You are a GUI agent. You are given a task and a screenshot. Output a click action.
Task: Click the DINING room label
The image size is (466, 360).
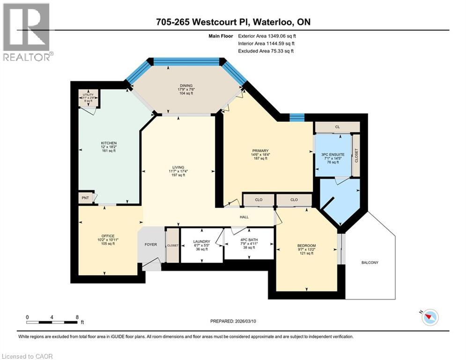coord(186,86)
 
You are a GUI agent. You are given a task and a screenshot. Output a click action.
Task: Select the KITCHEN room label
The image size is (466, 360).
coord(109,143)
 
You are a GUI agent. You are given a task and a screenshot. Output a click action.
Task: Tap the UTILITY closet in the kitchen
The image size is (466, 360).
coord(88,97)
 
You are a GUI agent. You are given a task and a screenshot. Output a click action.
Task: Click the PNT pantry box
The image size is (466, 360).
coord(86,198)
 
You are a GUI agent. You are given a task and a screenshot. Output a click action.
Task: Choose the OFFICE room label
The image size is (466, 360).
coord(108,236)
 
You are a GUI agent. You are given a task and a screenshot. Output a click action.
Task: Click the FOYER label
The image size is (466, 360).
coord(150,245)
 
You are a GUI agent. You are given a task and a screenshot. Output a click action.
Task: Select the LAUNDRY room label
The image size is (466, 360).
coord(202,242)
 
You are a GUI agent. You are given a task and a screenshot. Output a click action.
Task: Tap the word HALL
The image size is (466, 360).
coord(244,217)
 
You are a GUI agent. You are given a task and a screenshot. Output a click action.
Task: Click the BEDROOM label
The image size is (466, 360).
coord(306,246)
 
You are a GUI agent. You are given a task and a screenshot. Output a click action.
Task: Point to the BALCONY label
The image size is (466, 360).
coord(370,262)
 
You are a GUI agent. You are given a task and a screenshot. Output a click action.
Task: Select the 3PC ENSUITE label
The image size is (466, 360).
coord(333,154)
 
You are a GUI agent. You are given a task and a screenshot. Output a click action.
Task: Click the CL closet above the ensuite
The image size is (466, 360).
coord(337,127)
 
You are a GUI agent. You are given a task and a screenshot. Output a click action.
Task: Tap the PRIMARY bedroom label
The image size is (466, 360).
coord(259,150)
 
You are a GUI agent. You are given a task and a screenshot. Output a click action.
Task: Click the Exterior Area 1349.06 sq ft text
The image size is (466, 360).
coord(267,36)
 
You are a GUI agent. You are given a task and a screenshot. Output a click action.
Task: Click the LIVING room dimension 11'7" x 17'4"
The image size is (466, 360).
coord(178,171)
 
